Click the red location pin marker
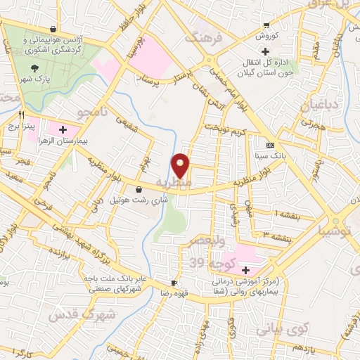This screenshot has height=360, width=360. click(x=181, y=166)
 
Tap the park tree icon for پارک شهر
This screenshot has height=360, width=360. click(x=34, y=69)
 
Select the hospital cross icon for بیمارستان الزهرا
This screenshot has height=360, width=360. click(x=63, y=129)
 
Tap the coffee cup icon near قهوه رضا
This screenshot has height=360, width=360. click(x=174, y=283)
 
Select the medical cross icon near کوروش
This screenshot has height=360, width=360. click(x=265, y=51)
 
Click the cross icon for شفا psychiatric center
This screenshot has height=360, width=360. click(x=245, y=270)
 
